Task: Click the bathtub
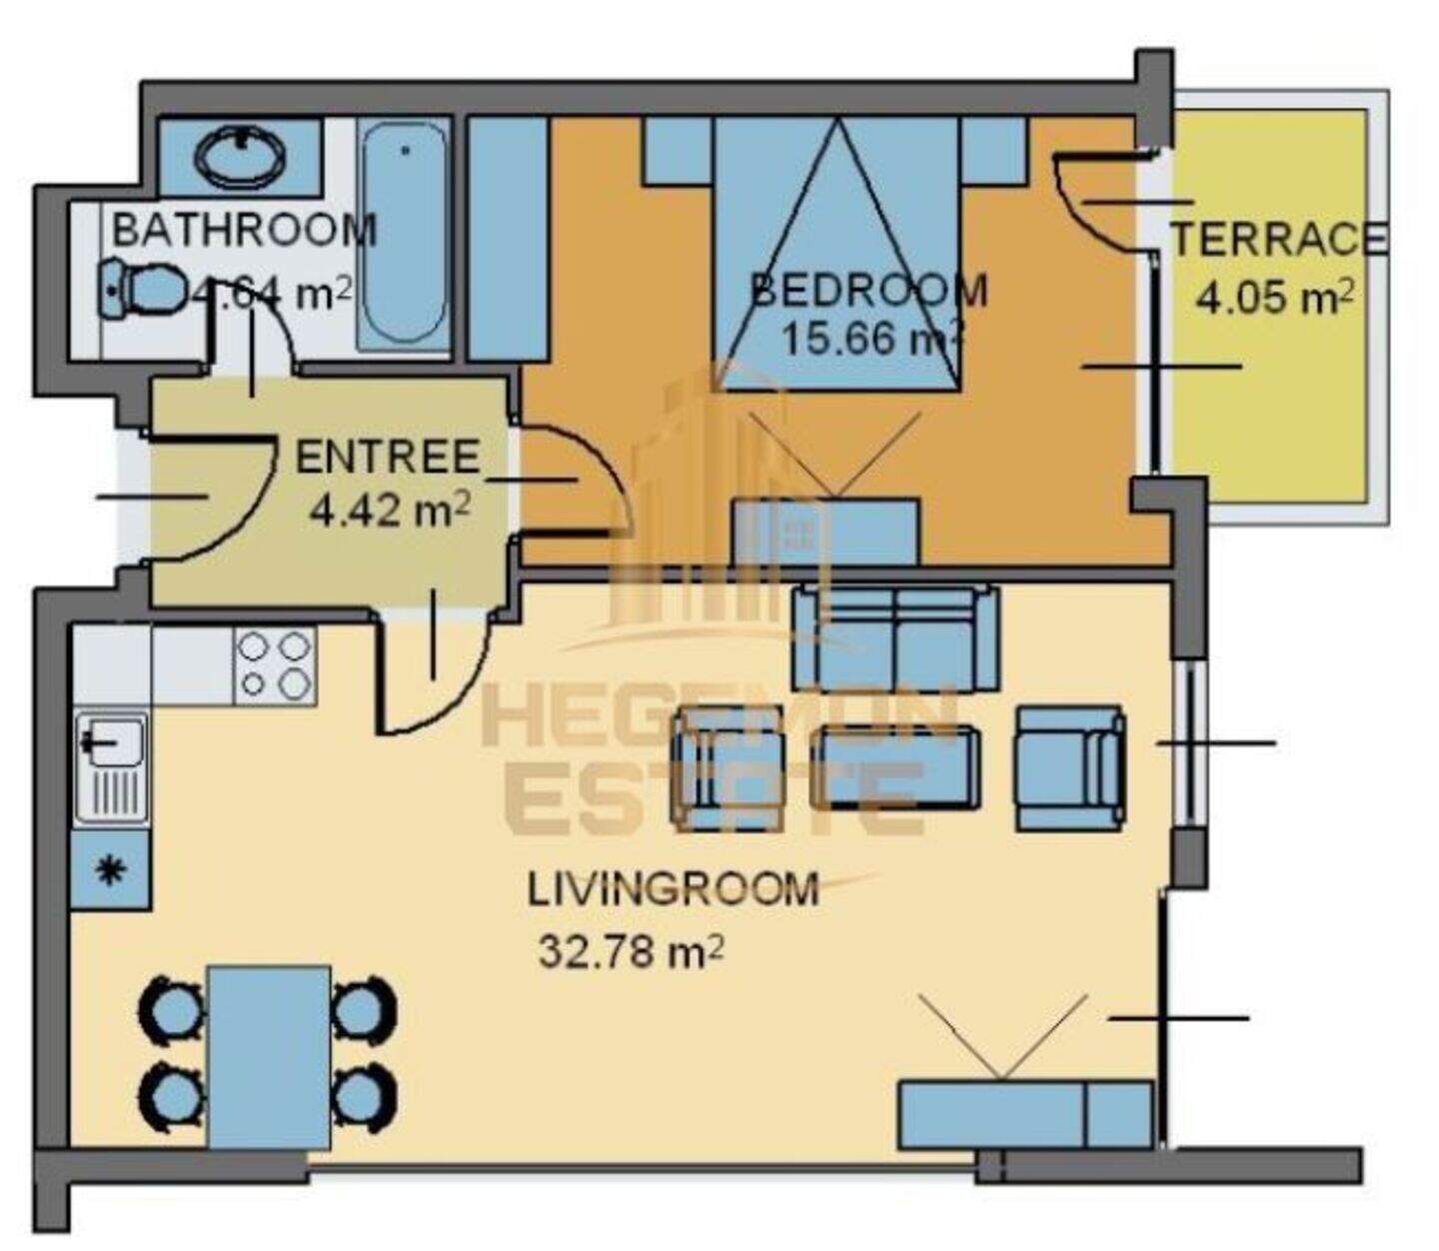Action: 404,235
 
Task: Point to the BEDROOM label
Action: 869,291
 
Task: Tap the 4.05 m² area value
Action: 1274,298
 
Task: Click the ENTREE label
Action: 388,457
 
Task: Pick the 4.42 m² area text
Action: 390,510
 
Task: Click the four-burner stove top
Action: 275,664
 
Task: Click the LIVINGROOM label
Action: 674,888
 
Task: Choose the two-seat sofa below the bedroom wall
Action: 895,637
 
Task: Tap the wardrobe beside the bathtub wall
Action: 508,237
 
